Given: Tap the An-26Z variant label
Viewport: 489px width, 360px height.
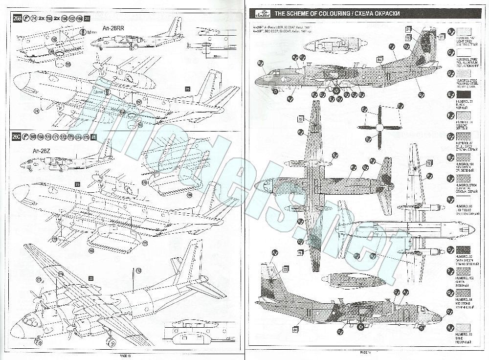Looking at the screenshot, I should (x=40, y=151).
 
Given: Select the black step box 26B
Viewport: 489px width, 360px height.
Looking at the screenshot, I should (x=18, y=19).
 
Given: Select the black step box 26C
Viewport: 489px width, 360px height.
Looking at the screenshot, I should (x=18, y=136).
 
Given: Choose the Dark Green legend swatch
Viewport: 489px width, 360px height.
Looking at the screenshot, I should (x=463, y=249).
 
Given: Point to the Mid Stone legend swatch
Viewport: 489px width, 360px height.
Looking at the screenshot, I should (x=463, y=292).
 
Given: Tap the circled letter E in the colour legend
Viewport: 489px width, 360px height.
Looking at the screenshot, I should (x=450, y=94).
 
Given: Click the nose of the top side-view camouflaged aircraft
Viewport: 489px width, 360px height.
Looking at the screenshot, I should (x=256, y=80).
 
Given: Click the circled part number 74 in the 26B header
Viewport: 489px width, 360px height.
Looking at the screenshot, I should (x=33, y=19).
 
